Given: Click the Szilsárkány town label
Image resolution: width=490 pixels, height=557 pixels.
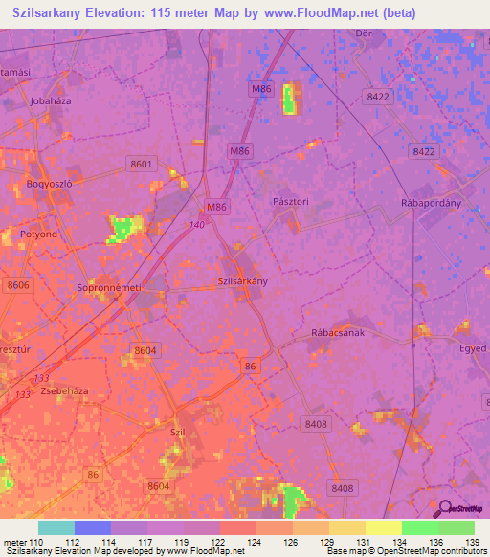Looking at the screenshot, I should (x=243, y=281).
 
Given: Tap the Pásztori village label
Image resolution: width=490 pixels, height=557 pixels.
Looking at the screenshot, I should (x=290, y=202).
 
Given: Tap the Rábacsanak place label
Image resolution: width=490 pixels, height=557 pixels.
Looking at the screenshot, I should (x=338, y=332).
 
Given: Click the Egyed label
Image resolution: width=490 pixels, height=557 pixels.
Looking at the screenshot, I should (x=473, y=348).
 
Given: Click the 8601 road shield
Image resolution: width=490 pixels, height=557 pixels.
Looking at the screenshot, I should (x=142, y=165).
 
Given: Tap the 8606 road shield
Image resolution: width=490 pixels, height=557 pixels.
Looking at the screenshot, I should (x=18, y=285).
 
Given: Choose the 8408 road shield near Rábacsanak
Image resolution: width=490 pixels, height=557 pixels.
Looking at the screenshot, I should (x=315, y=423).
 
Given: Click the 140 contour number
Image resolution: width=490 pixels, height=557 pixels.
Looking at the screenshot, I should (x=197, y=224).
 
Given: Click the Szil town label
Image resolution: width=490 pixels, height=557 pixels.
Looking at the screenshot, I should (x=177, y=433).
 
